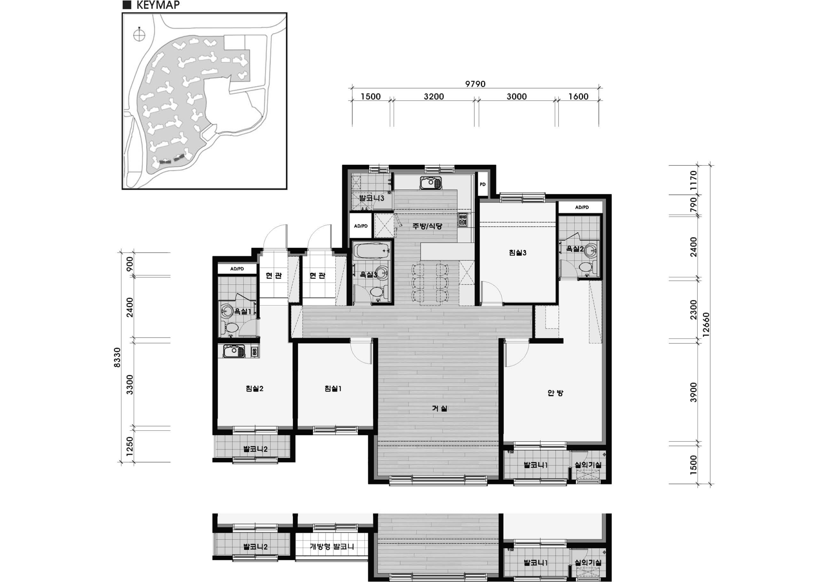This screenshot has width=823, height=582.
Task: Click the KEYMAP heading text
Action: pos(158,5)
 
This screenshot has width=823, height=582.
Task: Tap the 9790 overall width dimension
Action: pos(475,84)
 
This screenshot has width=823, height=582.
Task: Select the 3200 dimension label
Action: pos(434,96)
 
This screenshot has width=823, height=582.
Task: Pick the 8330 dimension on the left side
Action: pos(117,357)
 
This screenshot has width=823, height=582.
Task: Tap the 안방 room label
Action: pos(555,393)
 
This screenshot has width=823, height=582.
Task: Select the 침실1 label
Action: pos(333,389)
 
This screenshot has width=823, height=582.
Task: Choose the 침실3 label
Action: pos(518,253)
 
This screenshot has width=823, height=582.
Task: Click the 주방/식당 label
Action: pos(427,226)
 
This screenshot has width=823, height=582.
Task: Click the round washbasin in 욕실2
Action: pos(590,251)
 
